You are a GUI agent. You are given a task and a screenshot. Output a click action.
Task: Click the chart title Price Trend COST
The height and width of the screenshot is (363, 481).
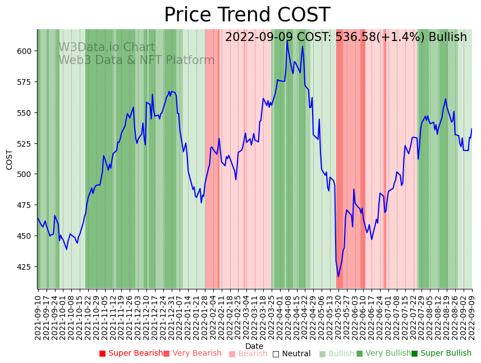coord(247,15)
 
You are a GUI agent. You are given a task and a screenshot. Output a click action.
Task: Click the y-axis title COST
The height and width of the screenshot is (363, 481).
coord(10,160)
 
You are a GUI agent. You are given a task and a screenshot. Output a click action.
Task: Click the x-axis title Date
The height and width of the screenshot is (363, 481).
coord(254,346)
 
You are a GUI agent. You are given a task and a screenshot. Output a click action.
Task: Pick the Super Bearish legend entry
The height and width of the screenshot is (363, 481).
coord(131,353)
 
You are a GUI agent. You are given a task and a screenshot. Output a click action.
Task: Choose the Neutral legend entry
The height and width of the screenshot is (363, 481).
coord(291,353)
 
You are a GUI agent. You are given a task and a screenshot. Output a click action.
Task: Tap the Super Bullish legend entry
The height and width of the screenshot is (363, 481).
coord(441,353)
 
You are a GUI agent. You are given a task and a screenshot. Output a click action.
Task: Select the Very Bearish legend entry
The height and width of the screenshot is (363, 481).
coord(193,353)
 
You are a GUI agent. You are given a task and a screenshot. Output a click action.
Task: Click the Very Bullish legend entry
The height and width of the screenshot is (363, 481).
coord(383,353)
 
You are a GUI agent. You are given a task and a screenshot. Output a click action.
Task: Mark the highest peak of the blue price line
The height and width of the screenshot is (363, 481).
coord(287,40)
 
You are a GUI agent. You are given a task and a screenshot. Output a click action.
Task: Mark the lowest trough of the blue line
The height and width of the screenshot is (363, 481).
coord(338,276)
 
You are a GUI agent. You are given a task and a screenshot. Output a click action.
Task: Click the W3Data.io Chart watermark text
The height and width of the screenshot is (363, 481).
coord(107,48)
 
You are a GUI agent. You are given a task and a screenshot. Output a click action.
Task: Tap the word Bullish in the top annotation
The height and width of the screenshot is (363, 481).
coord(447,38)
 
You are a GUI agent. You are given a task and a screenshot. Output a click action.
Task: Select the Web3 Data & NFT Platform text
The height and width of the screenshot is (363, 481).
coord(136,60)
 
